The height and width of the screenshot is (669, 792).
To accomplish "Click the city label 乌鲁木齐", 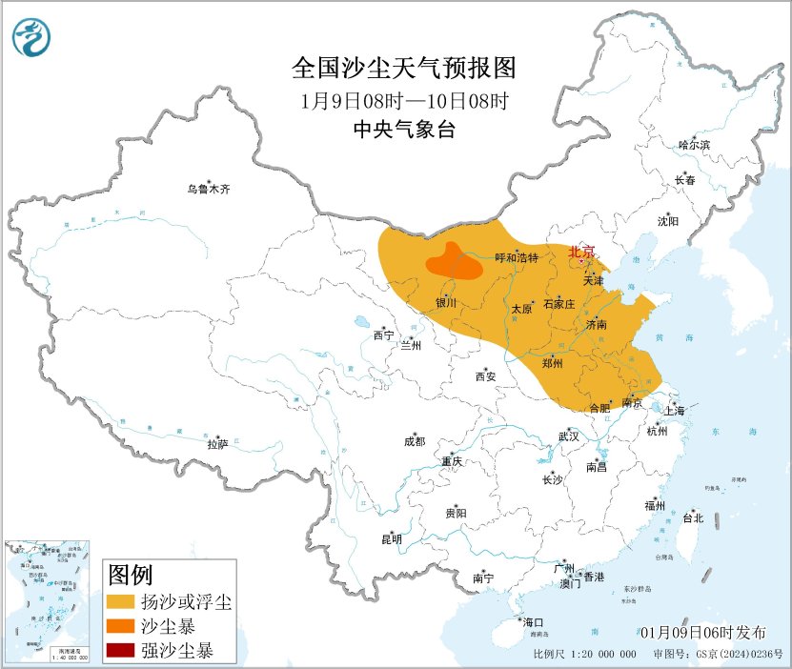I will pyautogui.click(x=209, y=189).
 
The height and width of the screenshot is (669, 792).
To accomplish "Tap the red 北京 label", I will pyautogui.click(x=581, y=252).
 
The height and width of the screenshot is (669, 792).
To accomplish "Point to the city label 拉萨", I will pyautogui.click(x=217, y=444).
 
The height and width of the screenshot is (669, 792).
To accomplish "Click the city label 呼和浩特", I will pyautogui.click(x=518, y=258).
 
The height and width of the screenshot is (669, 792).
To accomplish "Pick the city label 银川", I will pyautogui.click(x=446, y=303).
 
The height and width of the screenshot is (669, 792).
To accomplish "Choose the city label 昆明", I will pyautogui.click(x=392, y=539).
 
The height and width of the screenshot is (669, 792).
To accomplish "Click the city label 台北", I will pyautogui.click(x=693, y=518).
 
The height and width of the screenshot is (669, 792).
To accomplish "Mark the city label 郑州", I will pyautogui.click(x=552, y=363).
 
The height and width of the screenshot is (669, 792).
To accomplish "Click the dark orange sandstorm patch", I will pyautogui.click(x=455, y=261).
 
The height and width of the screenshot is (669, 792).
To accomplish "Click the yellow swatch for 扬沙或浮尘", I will pyautogui.click(x=120, y=603).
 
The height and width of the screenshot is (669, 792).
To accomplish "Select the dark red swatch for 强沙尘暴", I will pyautogui.click(x=120, y=652).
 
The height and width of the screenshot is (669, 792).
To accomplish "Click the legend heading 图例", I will pyautogui.click(x=130, y=576).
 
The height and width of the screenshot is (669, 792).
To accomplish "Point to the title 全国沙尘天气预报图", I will pyautogui.click(x=403, y=69).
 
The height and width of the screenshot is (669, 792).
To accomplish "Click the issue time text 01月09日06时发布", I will pyautogui.click(x=702, y=633).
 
